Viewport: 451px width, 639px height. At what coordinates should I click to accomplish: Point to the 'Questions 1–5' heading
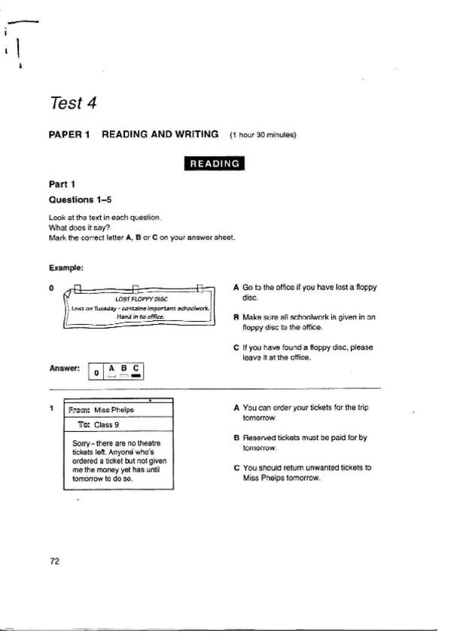(76, 201)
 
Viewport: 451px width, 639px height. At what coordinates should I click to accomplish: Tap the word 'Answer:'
(64, 369)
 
